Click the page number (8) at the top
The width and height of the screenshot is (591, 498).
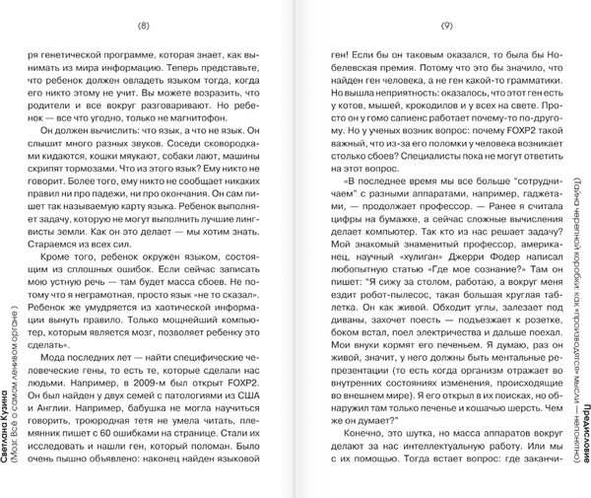(x=161, y=14)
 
